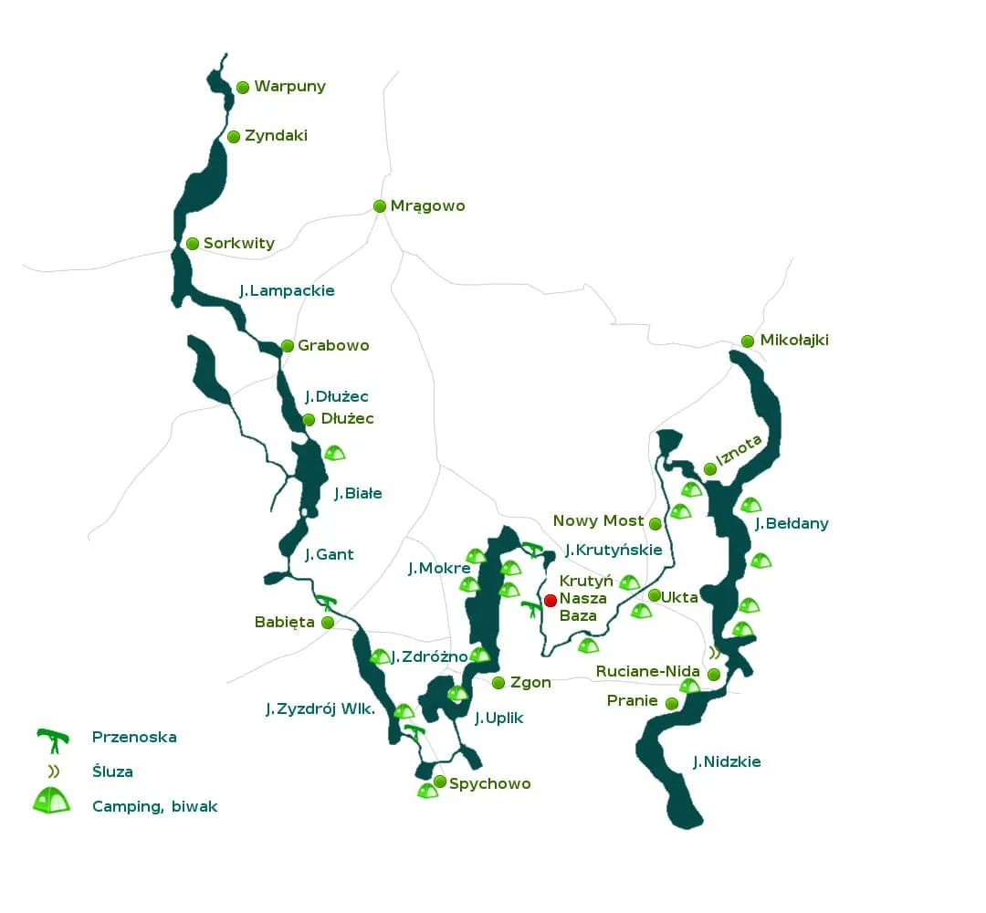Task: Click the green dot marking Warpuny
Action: tap(243, 88)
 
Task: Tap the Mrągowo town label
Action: tap(427, 205)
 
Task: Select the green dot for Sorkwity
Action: tap(193, 244)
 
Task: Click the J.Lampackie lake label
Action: tap(287, 290)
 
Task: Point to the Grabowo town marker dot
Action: tap(288, 346)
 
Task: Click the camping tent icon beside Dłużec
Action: tap(335, 452)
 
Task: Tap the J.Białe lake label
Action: tap(357, 493)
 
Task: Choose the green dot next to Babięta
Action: tap(328, 622)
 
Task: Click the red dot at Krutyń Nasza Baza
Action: tap(551, 600)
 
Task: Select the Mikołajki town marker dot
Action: tap(748, 341)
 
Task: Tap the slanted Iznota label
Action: tap(739, 449)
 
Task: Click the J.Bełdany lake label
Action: tap(792, 523)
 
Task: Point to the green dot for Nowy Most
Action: tap(655, 523)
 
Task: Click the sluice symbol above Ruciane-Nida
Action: tap(715, 653)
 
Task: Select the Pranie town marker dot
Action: tap(672, 703)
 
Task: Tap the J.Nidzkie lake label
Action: tap(726, 761)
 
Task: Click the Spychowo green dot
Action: tap(440, 782)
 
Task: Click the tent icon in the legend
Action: tap(52, 802)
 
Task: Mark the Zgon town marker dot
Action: tap(498, 683)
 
